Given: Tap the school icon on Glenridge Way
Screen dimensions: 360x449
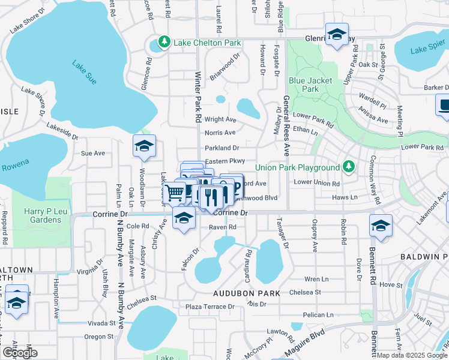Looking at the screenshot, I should coord(337,34).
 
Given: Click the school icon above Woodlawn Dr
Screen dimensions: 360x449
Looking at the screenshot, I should coord(144,146).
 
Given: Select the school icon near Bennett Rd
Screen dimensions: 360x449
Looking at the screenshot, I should coord(381,226).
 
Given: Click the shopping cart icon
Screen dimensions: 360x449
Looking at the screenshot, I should coord(175,193).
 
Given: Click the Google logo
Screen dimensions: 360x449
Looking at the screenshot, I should coord(19,353).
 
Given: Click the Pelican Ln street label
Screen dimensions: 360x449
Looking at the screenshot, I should coord(318,314).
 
